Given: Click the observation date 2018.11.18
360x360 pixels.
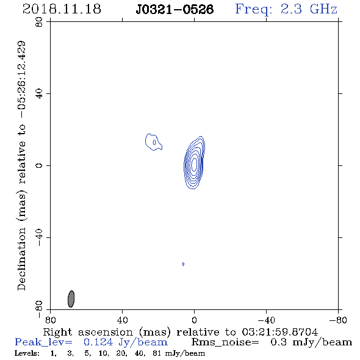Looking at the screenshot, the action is pyautogui.click(x=62, y=9).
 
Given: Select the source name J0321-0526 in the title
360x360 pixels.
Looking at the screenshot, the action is pyautogui.click(x=175, y=10).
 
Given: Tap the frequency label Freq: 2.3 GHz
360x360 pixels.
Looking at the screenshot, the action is pyautogui.click(x=286, y=9).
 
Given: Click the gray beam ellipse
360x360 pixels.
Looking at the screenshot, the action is pyautogui.click(x=71, y=299).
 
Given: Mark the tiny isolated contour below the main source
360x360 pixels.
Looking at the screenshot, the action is pyautogui.click(x=183, y=264).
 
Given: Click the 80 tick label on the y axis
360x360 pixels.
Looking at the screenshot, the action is pyautogui.click(x=39, y=22).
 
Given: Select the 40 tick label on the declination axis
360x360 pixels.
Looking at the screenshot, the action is pyautogui.click(x=39, y=94).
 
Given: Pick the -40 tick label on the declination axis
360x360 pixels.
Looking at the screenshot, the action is pyautogui.click(x=39, y=237).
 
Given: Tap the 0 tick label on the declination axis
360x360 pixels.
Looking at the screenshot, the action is pyautogui.click(x=39, y=165).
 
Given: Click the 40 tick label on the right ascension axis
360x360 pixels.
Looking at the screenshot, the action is pyautogui.click(x=122, y=320).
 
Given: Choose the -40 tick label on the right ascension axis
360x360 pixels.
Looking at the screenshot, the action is pyautogui.click(x=266, y=320).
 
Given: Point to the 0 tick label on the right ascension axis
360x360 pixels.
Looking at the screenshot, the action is pyautogui.click(x=194, y=320).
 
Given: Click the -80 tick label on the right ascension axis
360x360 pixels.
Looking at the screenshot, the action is pyautogui.click(x=338, y=320).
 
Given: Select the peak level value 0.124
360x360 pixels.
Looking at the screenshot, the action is pyautogui.click(x=98, y=342).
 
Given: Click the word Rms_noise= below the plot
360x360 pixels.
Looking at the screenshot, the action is pyautogui.click(x=225, y=342).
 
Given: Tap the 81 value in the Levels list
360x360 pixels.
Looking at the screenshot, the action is pyautogui.click(x=157, y=353).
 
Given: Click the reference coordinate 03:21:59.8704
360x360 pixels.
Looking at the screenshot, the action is pyautogui.click(x=279, y=332).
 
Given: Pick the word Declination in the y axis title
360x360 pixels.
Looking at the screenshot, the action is pyautogui.click(x=21, y=259).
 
